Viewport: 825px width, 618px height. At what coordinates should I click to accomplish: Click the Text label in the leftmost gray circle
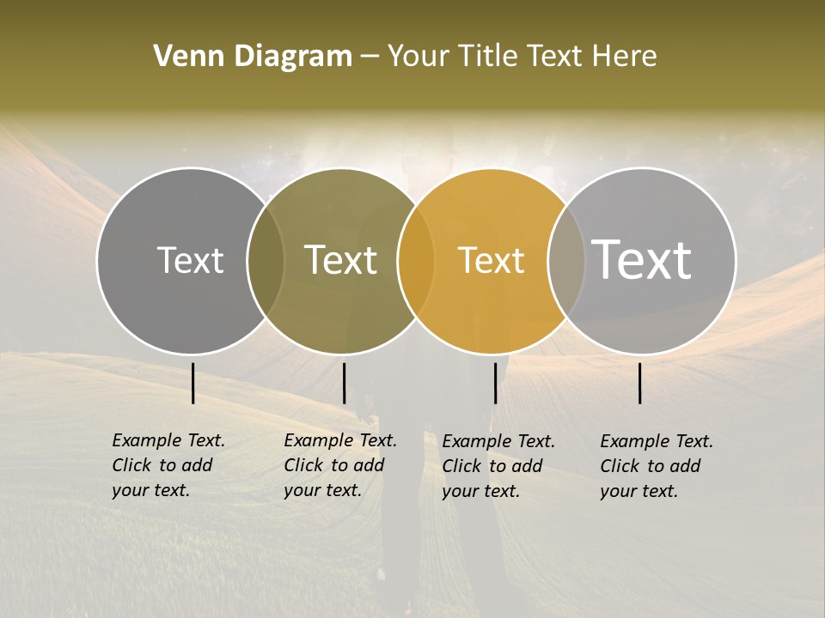tap(190, 260)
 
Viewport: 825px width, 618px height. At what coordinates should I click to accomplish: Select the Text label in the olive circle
tap(341, 260)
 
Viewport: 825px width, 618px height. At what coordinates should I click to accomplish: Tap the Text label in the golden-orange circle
tap(491, 260)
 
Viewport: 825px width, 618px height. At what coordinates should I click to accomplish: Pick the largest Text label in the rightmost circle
tap(642, 260)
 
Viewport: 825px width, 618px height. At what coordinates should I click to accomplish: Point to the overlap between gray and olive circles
tap(266, 261)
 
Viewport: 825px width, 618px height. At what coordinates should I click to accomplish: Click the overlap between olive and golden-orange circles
tap(416, 261)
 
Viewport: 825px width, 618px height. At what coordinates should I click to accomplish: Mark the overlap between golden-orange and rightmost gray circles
tap(566, 261)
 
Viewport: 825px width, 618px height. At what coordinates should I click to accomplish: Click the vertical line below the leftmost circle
tap(193, 383)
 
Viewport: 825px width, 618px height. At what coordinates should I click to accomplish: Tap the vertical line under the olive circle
tap(344, 383)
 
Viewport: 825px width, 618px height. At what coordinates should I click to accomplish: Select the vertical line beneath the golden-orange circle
tap(495, 383)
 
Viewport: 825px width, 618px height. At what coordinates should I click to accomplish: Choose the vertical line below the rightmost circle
tap(640, 383)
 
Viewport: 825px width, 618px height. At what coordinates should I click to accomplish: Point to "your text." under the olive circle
tap(322, 490)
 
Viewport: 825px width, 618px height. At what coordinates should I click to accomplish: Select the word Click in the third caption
tap(462, 465)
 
